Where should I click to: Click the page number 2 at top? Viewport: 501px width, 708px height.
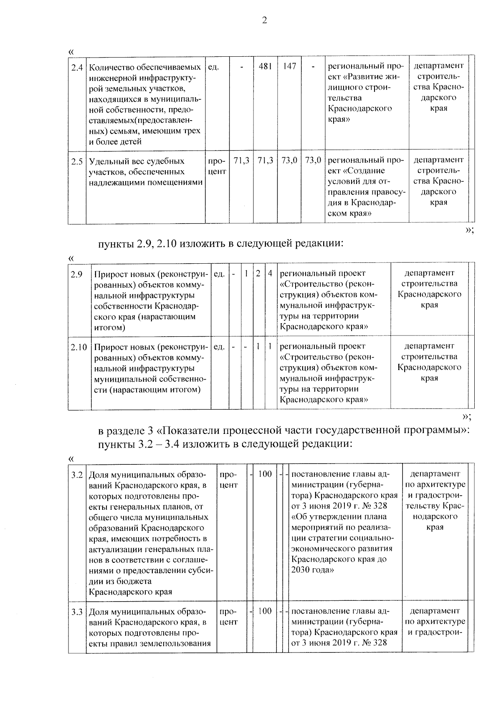point(264,20)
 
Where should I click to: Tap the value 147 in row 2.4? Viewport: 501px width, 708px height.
point(289,66)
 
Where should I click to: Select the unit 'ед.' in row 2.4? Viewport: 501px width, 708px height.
point(213,67)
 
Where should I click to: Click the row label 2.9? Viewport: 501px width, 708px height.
point(76,274)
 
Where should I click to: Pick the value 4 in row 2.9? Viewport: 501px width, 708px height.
point(271,274)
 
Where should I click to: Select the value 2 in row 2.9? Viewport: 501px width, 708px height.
point(258,274)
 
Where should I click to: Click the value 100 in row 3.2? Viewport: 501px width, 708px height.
point(265,474)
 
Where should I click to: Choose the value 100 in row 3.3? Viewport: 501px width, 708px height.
point(265,611)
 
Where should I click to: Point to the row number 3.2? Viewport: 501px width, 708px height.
point(77,475)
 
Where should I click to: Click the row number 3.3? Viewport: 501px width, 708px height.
point(77,612)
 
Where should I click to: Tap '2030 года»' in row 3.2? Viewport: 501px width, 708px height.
point(312,570)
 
